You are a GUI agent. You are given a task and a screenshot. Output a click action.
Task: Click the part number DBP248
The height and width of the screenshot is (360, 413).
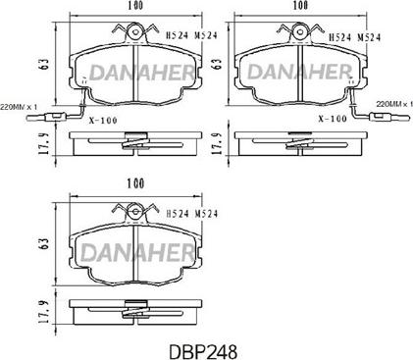203,351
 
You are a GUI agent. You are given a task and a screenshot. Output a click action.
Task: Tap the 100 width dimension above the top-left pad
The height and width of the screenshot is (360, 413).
135,5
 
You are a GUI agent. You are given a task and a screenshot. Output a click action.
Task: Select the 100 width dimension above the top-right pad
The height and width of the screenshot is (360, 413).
300,5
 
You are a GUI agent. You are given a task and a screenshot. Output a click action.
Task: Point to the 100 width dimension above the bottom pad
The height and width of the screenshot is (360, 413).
135,183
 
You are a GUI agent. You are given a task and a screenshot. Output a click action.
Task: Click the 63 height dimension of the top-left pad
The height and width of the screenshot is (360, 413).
45,64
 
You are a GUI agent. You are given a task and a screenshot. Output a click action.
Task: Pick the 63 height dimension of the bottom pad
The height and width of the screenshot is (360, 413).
45,243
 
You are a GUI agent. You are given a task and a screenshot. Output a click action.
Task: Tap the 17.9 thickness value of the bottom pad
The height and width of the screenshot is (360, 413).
44,312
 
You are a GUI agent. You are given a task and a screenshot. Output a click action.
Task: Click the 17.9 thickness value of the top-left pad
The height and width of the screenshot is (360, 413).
44,143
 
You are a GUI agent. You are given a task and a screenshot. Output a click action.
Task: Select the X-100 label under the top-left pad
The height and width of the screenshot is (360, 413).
103,121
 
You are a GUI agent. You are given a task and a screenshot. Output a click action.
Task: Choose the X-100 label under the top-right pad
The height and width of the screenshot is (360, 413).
333,119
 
